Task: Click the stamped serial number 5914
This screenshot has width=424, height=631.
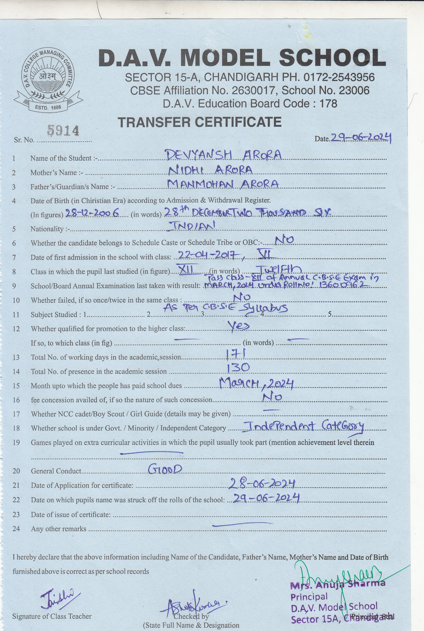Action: (x=63, y=131)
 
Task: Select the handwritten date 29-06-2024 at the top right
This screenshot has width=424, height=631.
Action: (x=360, y=138)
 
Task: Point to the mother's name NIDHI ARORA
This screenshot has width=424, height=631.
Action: (x=210, y=170)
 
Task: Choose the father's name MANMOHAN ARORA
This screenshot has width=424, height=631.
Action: (x=223, y=184)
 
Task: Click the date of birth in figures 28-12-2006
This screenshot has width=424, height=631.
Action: (x=92, y=213)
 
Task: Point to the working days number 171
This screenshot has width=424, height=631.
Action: (x=236, y=354)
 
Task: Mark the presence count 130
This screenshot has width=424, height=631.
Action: (x=238, y=368)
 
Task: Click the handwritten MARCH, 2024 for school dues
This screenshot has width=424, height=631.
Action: (x=256, y=384)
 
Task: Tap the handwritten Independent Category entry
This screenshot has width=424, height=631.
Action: (x=303, y=427)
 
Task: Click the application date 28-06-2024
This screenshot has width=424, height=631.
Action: (x=262, y=484)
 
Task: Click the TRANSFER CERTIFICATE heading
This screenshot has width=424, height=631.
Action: (x=200, y=122)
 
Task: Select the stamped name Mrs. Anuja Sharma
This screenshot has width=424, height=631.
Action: (x=337, y=584)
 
